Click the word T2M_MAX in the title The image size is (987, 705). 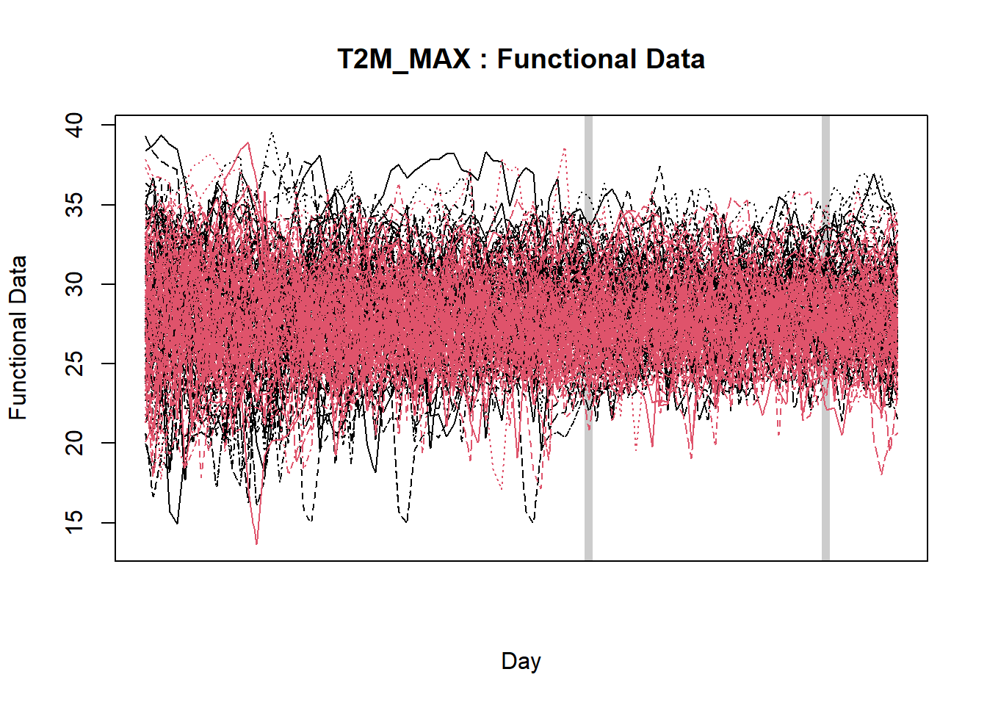tap(403, 59)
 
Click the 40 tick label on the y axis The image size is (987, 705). tap(75, 125)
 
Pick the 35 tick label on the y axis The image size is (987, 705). tap(75, 204)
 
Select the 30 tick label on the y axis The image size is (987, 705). tap(75, 284)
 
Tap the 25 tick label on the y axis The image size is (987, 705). tap(75, 364)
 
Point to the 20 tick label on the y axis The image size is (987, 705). tap(75, 443)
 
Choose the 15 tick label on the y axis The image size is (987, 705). tap(75, 522)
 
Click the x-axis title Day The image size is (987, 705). tap(521, 661)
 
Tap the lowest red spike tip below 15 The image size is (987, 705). tap(257, 543)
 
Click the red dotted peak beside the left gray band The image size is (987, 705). tap(564, 148)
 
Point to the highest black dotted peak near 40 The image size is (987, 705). tap(272, 133)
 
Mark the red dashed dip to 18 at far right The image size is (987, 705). tap(882, 474)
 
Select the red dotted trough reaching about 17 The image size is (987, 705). tap(502, 488)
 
